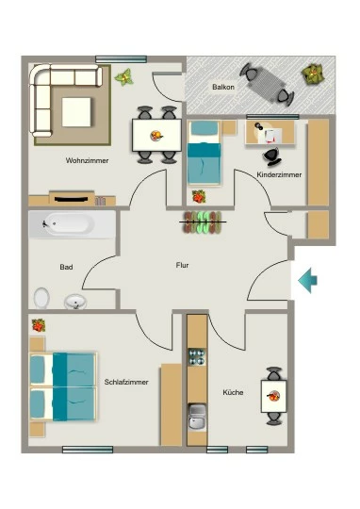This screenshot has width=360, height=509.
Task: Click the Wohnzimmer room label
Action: [x=87, y=160]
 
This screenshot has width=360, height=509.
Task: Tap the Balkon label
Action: [x=223, y=87]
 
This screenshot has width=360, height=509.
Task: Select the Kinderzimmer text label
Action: [x=279, y=174]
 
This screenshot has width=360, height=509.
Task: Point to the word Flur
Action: [x=183, y=265]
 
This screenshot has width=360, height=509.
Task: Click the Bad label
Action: [x=66, y=267]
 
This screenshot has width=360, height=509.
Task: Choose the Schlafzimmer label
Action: [x=126, y=382]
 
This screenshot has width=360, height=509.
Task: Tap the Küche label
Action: [x=233, y=392]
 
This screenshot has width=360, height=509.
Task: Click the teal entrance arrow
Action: [x=307, y=281]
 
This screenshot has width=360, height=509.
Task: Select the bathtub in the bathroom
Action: [x=72, y=224]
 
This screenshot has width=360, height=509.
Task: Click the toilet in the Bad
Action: [x=41, y=298]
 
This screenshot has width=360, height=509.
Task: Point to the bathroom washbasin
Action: [x=75, y=302]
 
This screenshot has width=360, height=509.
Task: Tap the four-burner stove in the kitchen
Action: [x=197, y=356]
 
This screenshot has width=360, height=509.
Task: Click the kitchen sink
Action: [x=197, y=418]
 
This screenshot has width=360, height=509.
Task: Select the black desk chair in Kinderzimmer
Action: [x=271, y=156]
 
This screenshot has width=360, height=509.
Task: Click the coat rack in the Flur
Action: [x=203, y=222]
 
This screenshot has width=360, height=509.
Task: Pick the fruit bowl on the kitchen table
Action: [x=273, y=396]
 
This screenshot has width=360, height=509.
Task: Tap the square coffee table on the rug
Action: [x=76, y=112]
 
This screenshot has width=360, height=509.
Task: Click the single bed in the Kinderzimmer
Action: [x=205, y=154]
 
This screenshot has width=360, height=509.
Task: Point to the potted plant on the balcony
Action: [x=312, y=74]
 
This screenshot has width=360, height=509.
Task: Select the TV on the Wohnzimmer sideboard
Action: [x=71, y=199]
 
